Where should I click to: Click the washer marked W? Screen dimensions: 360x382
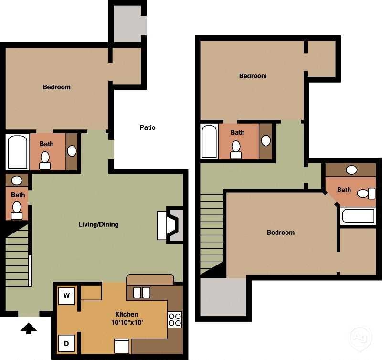coord(67,296)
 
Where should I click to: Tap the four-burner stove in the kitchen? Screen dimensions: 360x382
coord(175,319)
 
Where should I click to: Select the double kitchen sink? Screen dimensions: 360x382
coord(141,292)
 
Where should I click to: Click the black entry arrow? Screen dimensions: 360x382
coord(29,328)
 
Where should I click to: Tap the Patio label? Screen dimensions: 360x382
coord(148,127)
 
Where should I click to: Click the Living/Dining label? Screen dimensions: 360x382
coord(99,224)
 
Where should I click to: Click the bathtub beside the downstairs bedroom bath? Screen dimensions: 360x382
coord(18,152)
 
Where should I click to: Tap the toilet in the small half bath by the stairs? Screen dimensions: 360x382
coord(17,209)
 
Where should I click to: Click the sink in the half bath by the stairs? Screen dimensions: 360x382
coord(17,180)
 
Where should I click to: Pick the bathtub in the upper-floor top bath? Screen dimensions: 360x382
coord(209,141)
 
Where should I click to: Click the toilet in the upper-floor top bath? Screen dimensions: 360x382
coord(236,149)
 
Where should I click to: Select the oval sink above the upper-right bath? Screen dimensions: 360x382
coord(352,169)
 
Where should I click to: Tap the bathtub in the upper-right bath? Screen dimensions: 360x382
coord(359,216)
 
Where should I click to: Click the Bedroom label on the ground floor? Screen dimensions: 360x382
coord(56,87)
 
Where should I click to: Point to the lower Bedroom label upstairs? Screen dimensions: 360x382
coord(280,233)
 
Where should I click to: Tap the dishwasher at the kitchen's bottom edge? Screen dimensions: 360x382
coord(121,346)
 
